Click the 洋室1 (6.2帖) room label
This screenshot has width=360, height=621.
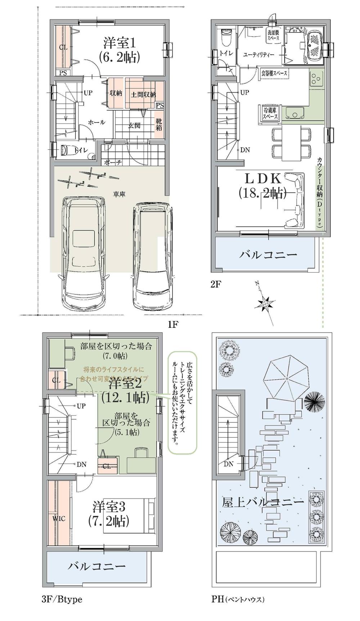[x=119, y=50]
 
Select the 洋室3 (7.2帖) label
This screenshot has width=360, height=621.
[x=109, y=514]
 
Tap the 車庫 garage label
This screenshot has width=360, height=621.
[x=119, y=194]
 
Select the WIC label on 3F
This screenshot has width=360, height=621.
[x=59, y=519]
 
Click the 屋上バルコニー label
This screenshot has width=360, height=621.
[x=263, y=502]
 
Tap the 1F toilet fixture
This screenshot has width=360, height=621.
[x=68, y=150]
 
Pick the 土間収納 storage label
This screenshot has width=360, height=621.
[x=143, y=95]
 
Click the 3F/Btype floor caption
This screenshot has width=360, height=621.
[x=62, y=599]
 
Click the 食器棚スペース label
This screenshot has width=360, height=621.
[x=274, y=73]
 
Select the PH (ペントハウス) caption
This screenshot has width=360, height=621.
[x=238, y=599]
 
